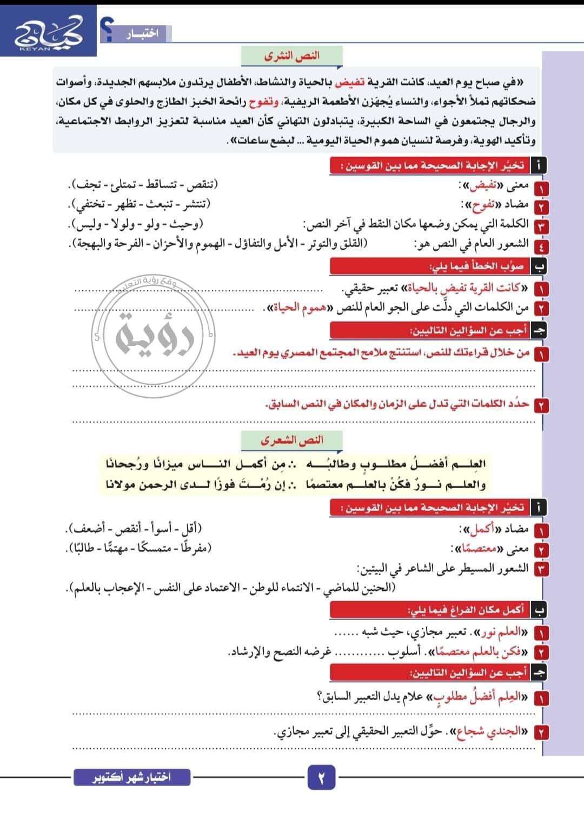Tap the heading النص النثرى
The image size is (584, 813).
point(292,56)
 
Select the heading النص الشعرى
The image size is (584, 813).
point(292,441)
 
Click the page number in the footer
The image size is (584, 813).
point(321,779)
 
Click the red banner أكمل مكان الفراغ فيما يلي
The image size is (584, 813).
point(465,610)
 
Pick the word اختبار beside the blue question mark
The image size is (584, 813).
point(142,34)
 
